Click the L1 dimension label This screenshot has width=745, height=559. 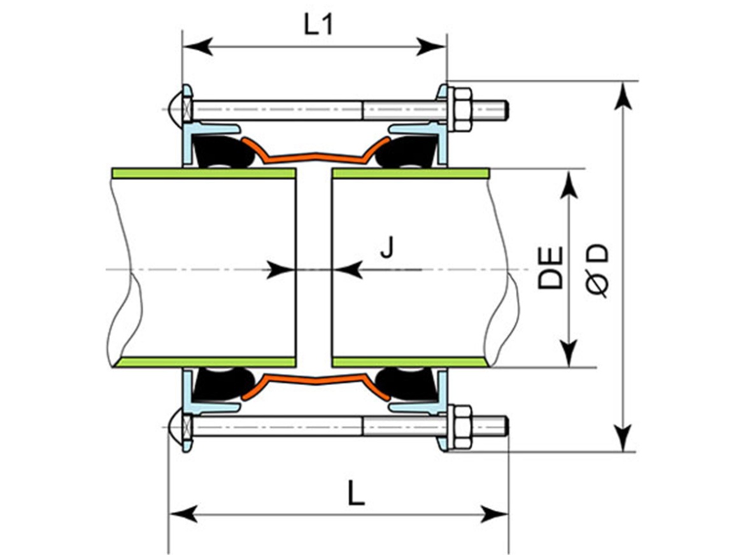click(x=318, y=26)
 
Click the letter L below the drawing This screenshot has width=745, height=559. click(x=356, y=493)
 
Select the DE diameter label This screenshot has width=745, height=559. click(x=550, y=267)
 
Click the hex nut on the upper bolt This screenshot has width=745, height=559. click(x=459, y=110)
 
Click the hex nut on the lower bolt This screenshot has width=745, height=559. click(x=459, y=427)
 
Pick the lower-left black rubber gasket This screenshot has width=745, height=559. click(x=223, y=384)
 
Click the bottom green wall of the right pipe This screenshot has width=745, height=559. click(x=411, y=362)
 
